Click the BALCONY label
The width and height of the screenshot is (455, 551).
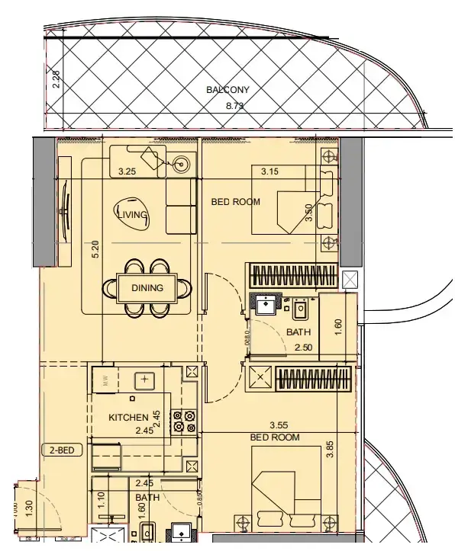pos(227,90)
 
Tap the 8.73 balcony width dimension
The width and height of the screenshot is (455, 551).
pos(235,106)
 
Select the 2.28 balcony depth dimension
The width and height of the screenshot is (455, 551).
pos(56,80)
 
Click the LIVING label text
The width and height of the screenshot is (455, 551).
pos(131,216)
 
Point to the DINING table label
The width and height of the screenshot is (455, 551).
pos(147,288)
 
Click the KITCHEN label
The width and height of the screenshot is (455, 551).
pos(128,418)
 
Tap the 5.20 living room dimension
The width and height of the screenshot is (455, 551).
pos(95,248)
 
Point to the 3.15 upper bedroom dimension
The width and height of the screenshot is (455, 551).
pos(269,172)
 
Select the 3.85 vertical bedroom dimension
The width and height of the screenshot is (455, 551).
pos(331,448)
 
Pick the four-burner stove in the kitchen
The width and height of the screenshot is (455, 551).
pos(183,421)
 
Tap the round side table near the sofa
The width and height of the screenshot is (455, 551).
pos(182,162)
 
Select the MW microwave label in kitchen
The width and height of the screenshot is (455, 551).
pos(107,380)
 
